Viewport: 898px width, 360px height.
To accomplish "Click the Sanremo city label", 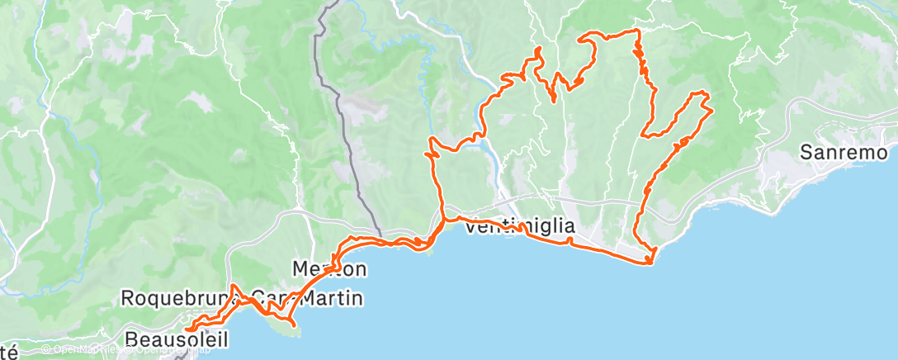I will pyautogui.click(x=844, y=153).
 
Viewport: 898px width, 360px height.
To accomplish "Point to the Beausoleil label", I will pyautogui.click(x=177, y=339).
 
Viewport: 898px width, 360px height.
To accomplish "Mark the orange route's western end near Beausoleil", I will pyautogui.click(x=187, y=330).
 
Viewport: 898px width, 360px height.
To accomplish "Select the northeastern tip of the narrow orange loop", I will pyautogui.click(x=710, y=108).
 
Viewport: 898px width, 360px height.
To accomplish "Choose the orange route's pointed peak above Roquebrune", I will pyautogui.click(x=234, y=286).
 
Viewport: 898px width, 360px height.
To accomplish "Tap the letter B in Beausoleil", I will pyautogui.click(x=132, y=339).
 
